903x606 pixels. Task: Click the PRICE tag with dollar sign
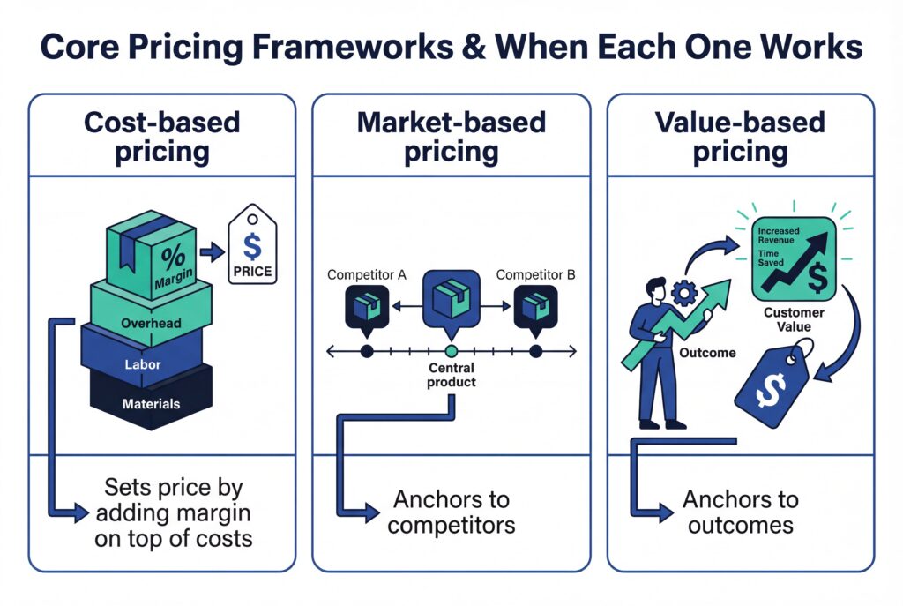(x=251, y=248)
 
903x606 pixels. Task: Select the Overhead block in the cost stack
(x=151, y=323)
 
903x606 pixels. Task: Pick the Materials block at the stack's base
(x=151, y=404)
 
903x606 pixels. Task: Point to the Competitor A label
(x=366, y=275)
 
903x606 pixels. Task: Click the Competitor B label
(x=535, y=275)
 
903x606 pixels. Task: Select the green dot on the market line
(x=451, y=352)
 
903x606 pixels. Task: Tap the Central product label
(x=451, y=375)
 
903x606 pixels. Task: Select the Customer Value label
(x=794, y=319)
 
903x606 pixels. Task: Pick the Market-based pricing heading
(x=451, y=137)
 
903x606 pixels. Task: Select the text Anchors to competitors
(x=451, y=512)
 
